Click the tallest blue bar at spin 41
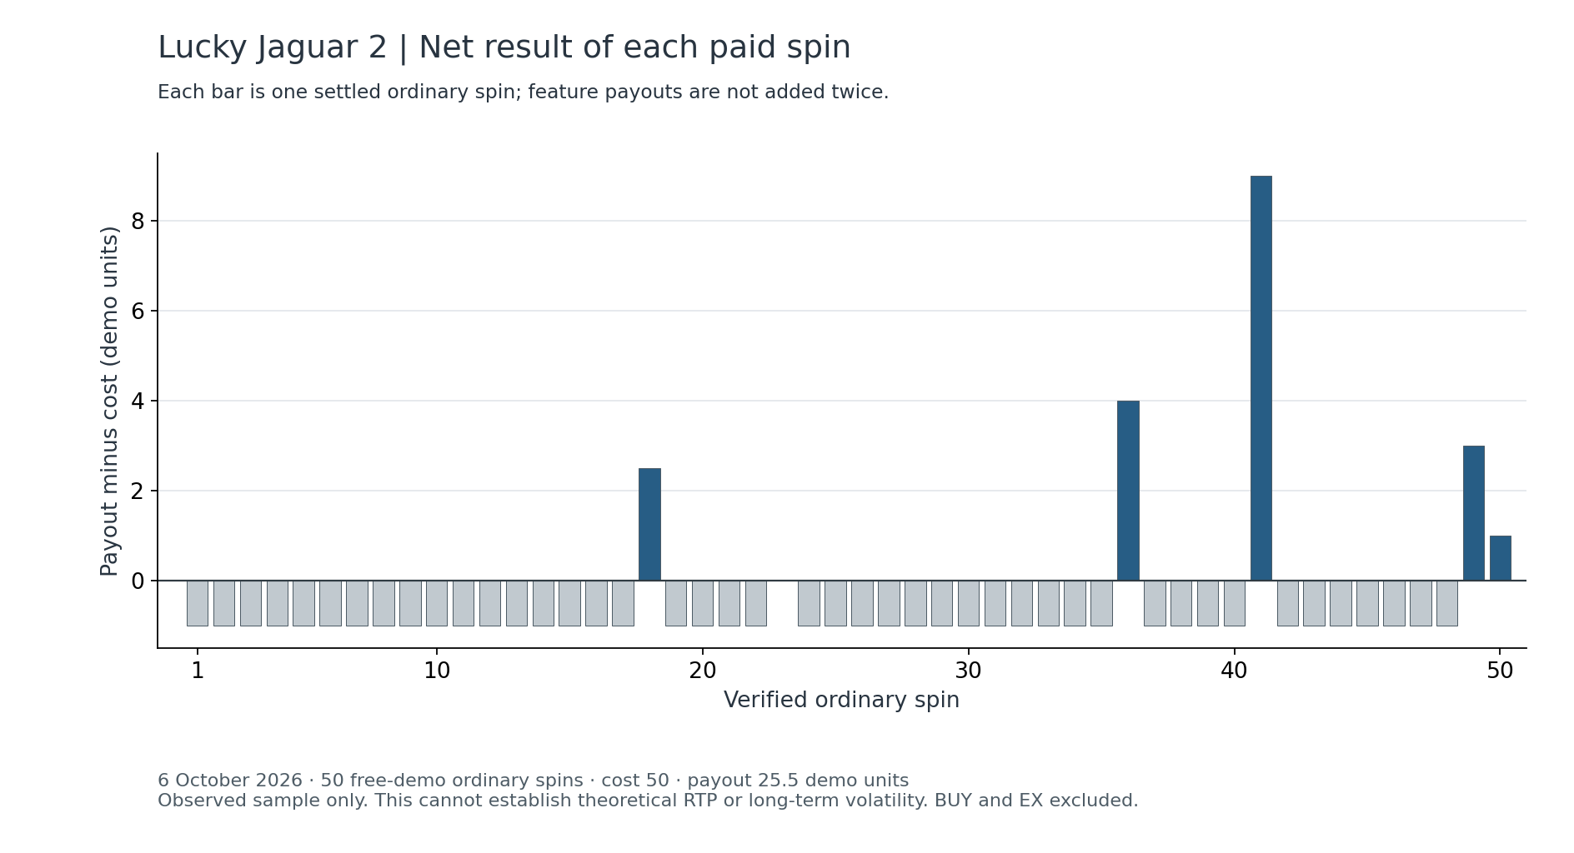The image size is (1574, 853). pos(1261,378)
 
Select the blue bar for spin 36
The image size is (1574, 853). pos(1128,491)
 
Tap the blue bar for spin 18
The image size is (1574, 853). pos(649,525)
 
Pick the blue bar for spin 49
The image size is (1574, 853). pos(1473,513)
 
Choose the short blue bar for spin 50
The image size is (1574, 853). pos(1500,558)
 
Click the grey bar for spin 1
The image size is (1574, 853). pos(198,603)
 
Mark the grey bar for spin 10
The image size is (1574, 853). pos(437,603)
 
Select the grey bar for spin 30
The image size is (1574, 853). pos(968,603)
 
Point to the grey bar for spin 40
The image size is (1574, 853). pos(1234,603)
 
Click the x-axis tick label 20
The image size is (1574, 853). pos(703,671)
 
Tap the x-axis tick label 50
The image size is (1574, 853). pos(1500,671)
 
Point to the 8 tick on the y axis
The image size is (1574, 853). pos(138,221)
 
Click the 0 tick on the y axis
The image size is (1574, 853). pos(138,581)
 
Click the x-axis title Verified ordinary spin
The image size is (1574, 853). pos(841,701)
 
